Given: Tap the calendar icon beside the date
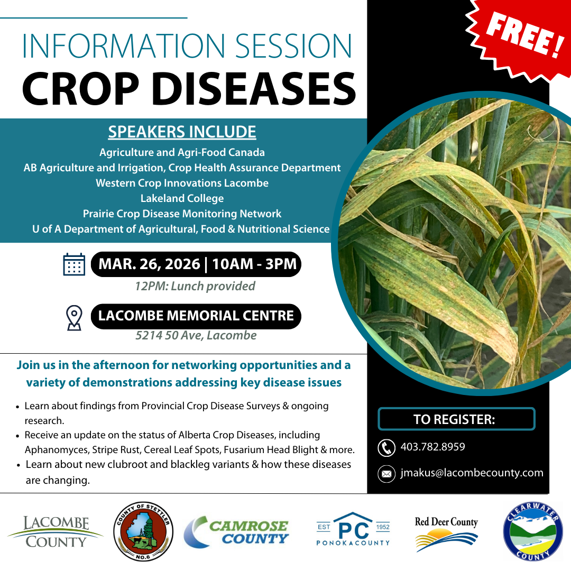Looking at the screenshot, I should point(74,264).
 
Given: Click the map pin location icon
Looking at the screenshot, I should point(74,317).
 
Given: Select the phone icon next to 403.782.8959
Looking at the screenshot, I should point(386,448).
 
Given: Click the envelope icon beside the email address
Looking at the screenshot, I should point(386,474).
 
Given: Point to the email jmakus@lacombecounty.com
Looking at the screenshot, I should point(472,473).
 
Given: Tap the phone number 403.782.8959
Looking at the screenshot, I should point(433,447).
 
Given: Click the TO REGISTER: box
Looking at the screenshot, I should point(456,419).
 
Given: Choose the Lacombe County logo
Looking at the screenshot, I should point(56,532).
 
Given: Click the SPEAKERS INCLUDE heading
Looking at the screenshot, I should point(182,132).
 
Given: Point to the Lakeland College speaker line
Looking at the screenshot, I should point(182,198).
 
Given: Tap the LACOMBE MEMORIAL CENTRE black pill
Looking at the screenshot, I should point(196,316).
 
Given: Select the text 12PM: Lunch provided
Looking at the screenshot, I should point(195,286).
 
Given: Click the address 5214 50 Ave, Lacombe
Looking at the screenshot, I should point(196,335).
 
